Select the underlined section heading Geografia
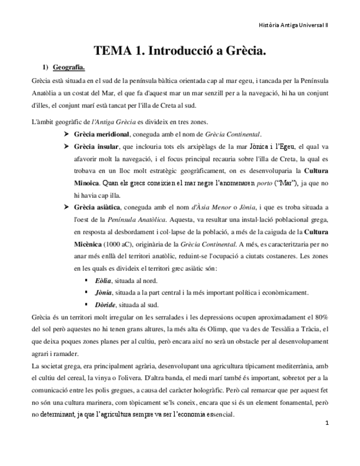click(x=69, y=68)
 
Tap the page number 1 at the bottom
click(x=326, y=423)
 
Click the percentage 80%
click(x=319, y=317)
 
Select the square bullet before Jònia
click(x=86, y=292)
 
